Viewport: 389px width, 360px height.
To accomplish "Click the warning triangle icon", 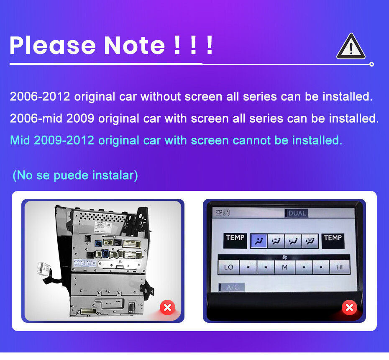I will coord(351,47).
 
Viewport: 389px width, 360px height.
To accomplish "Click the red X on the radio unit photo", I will coord(167,308).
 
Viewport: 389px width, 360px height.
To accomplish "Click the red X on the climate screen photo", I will coord(349,308).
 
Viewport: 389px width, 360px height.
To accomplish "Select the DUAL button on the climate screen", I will coord(297,213).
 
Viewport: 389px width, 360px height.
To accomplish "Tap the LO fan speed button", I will coord(228,267).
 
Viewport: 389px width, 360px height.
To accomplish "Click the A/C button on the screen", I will coord(231,287).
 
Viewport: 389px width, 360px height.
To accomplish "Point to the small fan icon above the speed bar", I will coord(285,256).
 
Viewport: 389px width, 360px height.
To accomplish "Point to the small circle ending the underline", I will coord(371,64).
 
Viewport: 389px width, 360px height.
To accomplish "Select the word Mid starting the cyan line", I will coord(20,140).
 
